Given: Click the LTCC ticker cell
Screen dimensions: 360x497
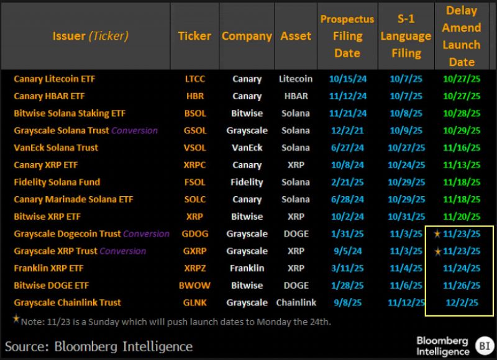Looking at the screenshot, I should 194,79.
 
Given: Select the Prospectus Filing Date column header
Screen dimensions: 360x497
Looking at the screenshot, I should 347,36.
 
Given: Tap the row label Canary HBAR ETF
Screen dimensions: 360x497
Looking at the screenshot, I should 49,96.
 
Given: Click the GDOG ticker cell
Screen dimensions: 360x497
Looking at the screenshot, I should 194,234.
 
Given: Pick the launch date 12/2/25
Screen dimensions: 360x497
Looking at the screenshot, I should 462,303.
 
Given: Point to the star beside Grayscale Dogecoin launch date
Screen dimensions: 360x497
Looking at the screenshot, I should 437,234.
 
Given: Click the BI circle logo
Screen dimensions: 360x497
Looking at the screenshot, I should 482,345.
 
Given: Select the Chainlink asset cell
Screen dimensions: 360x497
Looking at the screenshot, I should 296,303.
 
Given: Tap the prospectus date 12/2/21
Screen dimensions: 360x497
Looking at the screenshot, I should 347,131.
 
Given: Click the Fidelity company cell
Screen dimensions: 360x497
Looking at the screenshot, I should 247,182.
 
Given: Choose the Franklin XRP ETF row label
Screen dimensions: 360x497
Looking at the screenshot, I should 48,268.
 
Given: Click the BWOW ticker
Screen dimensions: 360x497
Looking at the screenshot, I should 194,286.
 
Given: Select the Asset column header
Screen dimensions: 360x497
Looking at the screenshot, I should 296,36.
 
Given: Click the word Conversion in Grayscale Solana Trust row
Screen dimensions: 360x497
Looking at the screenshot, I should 134,131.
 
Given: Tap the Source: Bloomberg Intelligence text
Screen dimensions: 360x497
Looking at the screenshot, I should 99,346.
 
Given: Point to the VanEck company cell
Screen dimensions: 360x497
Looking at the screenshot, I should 247,148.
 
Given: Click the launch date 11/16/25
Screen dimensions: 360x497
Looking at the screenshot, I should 462,148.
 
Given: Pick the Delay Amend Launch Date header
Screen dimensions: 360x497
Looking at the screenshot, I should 462,36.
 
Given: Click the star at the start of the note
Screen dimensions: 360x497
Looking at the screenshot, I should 16,320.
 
